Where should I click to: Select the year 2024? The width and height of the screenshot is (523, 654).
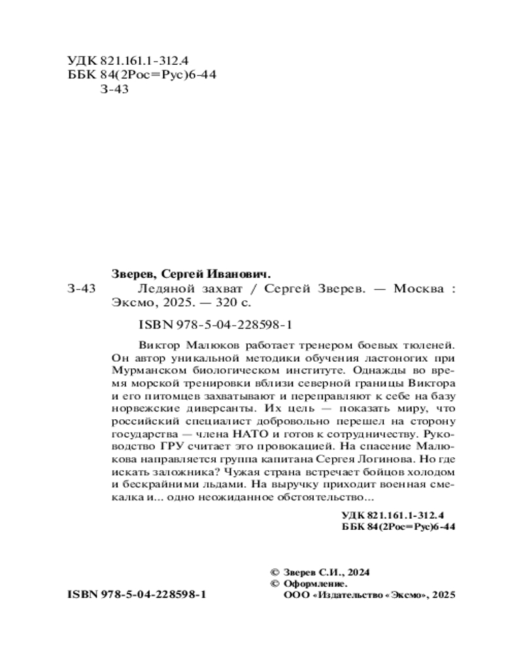click(357, 572)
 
